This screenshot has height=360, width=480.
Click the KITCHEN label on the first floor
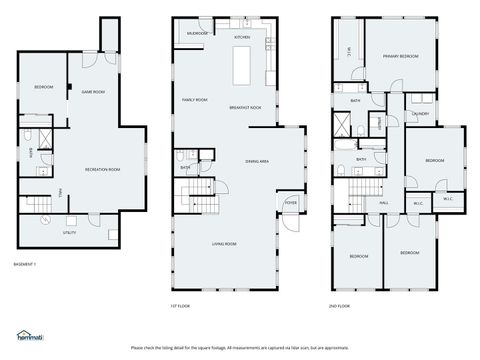242,37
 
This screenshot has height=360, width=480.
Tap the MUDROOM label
198,33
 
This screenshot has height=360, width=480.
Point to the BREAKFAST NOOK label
245,107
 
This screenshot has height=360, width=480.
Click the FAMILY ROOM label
194,100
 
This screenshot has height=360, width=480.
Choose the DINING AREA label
258,160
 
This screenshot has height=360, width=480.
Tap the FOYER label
290,202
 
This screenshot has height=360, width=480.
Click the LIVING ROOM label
223,244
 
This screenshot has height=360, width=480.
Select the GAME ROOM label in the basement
93,92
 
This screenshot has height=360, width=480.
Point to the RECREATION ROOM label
102,169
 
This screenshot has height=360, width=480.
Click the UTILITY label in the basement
69,232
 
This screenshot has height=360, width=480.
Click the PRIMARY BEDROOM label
401,56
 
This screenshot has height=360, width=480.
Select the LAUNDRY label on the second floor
419,114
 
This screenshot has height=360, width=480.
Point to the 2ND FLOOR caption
341,305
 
